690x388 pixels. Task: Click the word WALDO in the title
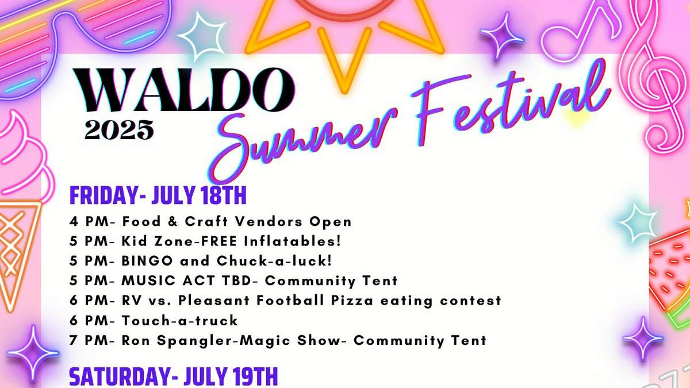click(183, 90)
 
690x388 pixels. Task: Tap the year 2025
click(119, 130)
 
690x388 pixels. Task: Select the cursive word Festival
click(511, 98)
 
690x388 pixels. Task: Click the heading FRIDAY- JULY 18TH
click(158, 195)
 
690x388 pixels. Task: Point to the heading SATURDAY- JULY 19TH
click(174, 377)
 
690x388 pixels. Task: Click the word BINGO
click(147, 261)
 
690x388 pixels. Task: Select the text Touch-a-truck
click(180, 320)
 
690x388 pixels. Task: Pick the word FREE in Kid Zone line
click(219, 241)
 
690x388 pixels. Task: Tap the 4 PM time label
click(89, 221)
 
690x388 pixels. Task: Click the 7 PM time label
click(89, 340)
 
